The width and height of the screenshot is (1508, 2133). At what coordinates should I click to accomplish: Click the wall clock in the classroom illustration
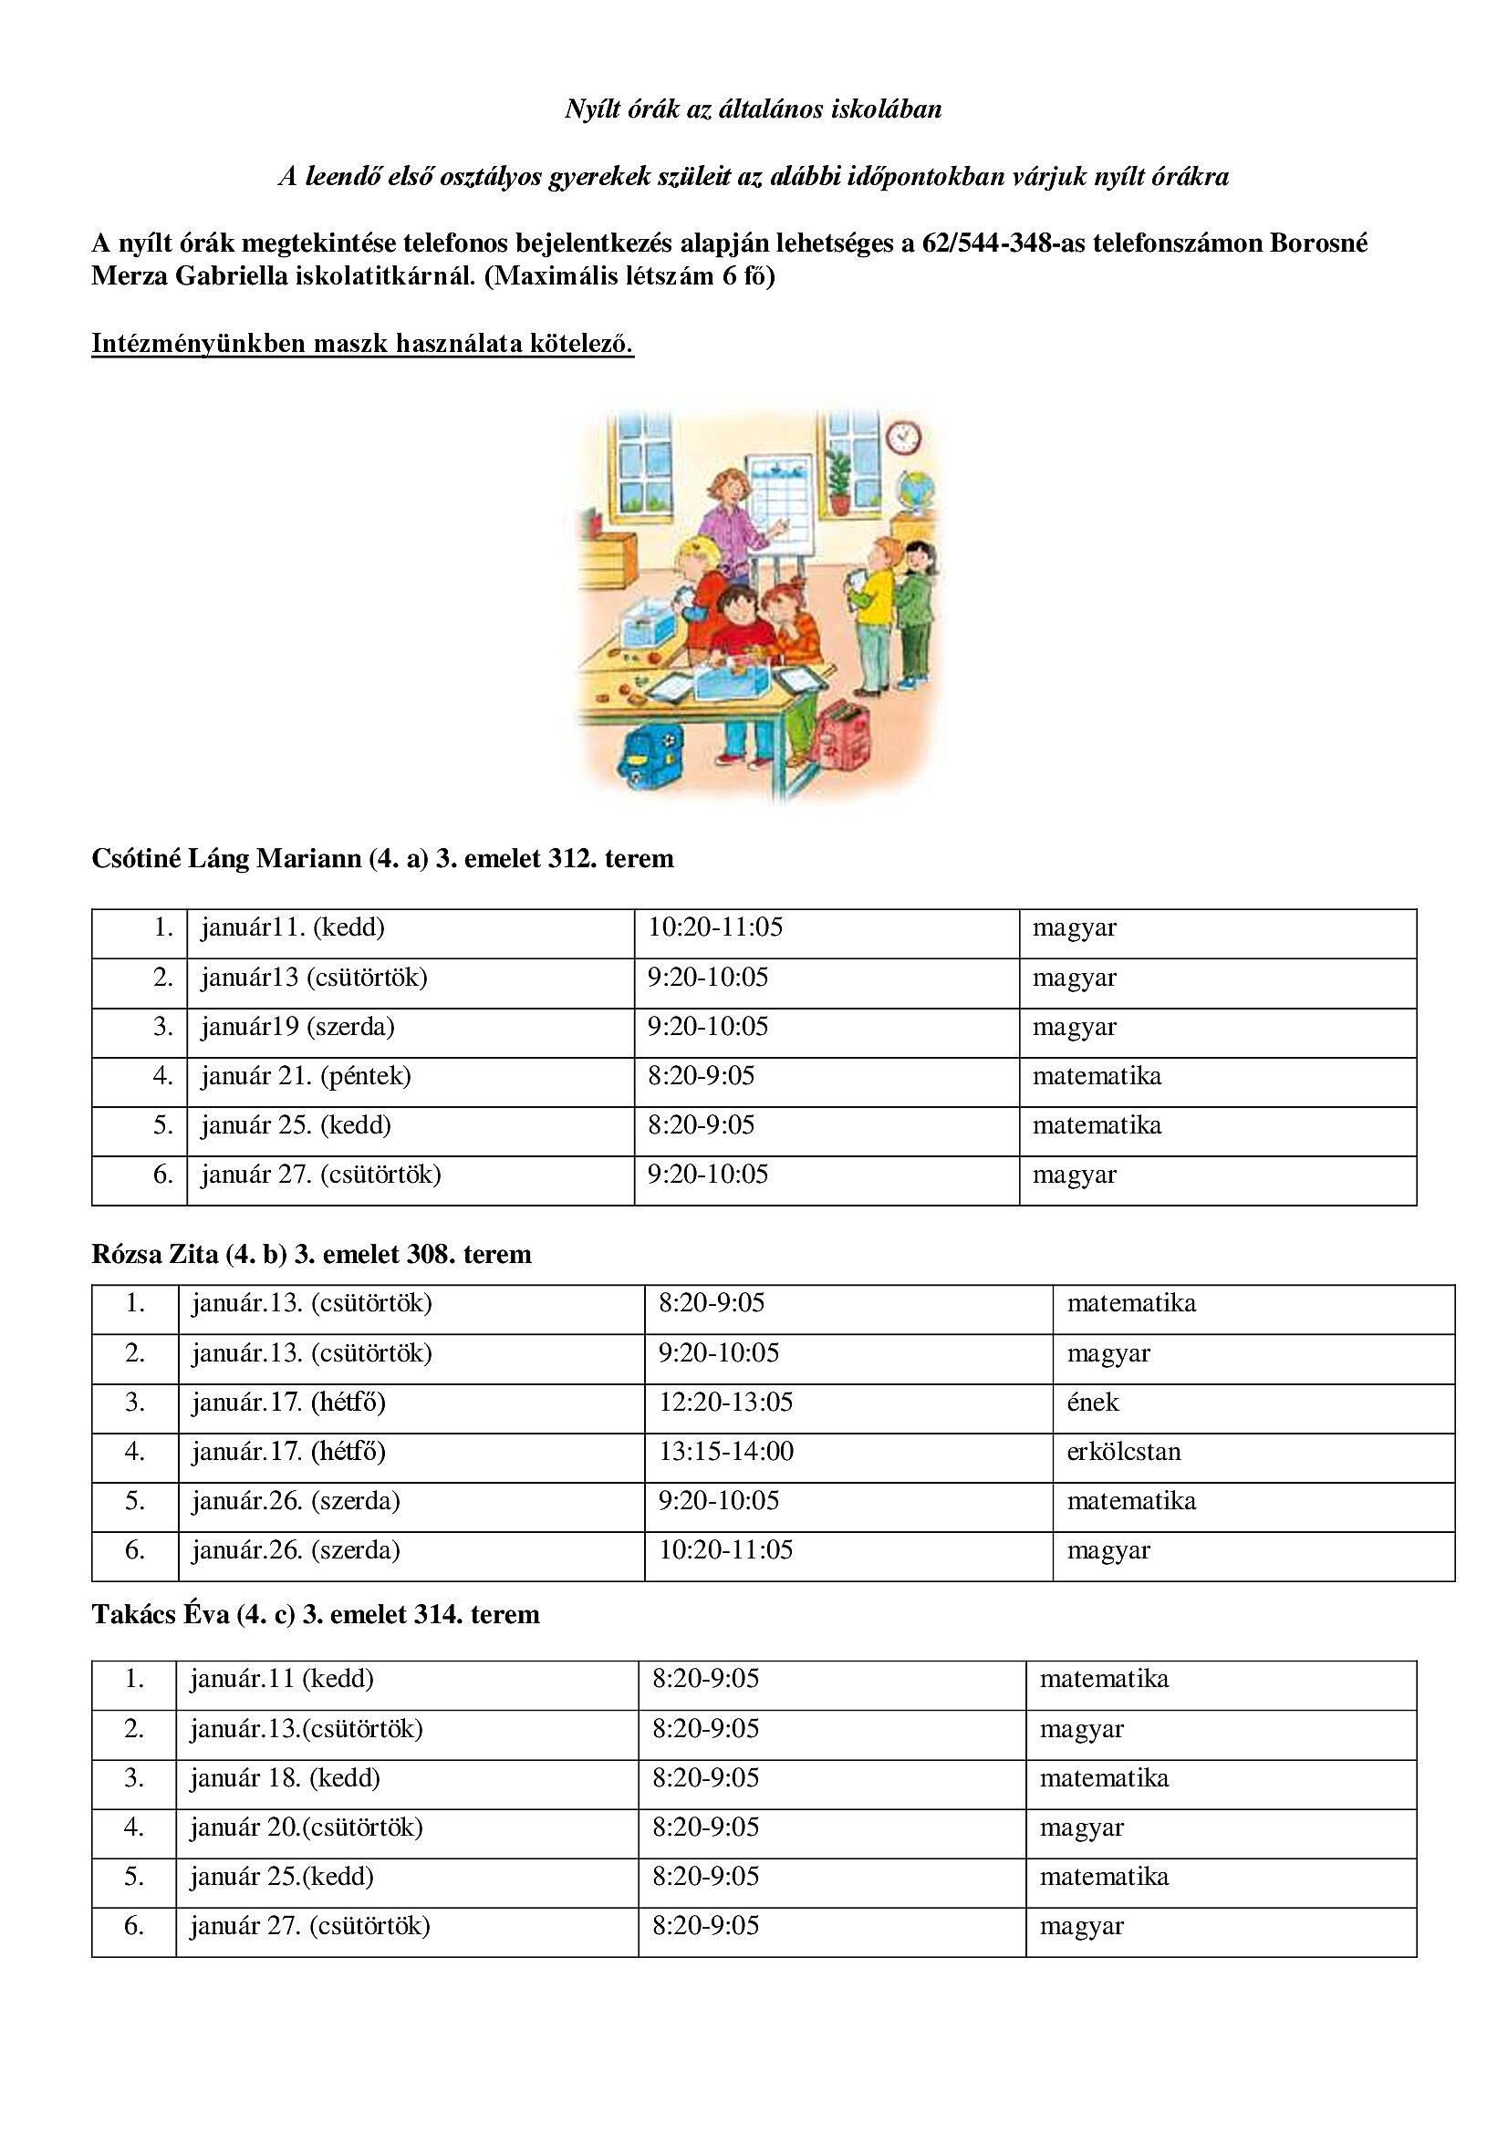902,436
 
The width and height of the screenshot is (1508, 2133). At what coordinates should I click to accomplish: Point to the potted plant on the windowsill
838,481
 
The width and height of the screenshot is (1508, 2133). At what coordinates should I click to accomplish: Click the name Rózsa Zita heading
154,1254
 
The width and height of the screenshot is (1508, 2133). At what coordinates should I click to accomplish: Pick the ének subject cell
1093,1402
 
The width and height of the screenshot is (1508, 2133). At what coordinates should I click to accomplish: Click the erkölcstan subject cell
1123,1451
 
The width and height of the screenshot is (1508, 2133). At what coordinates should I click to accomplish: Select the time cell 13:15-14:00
726,1451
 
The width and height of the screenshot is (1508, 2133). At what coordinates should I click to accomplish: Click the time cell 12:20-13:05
725,1402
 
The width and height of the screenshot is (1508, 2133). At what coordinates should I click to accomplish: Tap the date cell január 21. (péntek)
306,1076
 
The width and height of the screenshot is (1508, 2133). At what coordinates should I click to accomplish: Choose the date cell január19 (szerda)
297,1027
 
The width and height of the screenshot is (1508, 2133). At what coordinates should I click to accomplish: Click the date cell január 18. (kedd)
286,1778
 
